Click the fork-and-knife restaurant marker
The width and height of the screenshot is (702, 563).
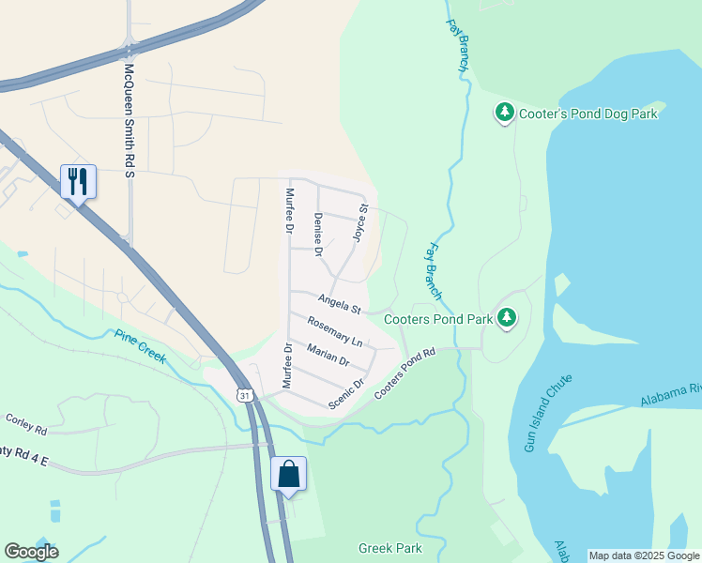click(78, 181)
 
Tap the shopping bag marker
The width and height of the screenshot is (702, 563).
click(288, 473)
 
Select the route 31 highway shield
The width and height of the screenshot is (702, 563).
click(245, 396)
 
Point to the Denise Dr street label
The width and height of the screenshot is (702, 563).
click(318, 235)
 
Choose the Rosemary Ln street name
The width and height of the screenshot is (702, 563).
click(334, 329)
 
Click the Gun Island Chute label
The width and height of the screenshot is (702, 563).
click(547, 414)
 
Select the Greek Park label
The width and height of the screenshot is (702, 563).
click(390, 548)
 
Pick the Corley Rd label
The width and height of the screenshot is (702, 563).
click(26, 424)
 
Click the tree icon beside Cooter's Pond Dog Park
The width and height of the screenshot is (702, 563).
click(504, 114)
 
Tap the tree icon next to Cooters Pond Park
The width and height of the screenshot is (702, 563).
click(507, 318)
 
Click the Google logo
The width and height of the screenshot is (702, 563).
click(31, 552)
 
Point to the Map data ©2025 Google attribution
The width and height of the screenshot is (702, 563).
click(643, 555)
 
